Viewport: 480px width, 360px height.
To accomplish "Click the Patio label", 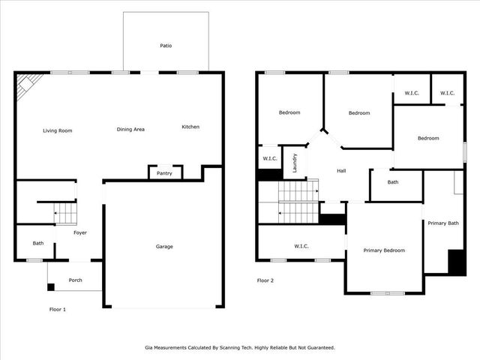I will [x=166, y=46].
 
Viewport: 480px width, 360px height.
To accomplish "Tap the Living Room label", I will [x=58, y=130].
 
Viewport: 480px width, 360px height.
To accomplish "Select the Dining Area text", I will [x=130, y=130].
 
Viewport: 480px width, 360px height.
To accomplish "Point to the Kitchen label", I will [x=190, y=127].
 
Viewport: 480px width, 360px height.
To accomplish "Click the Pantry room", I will [x=164, y=173].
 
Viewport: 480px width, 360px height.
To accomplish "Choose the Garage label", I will [x=164, y=247].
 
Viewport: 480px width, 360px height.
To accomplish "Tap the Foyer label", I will [x=80, y=232].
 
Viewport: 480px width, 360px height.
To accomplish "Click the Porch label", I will [x=76, y=280].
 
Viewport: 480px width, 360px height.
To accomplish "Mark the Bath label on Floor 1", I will [x=38, y=243].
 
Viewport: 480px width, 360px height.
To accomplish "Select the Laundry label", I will [x=295, y=163].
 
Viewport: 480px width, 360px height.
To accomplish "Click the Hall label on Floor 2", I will [x=341, y=171].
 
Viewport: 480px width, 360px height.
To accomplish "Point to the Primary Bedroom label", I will [x=384, y=250].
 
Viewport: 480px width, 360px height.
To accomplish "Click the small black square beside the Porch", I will [x=50, y=286].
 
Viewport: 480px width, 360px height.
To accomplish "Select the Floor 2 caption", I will [x=265, y=280].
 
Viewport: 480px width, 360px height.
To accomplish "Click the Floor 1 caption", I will [x=58, y=309].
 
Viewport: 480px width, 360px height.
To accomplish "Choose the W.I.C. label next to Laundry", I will [x=269, y=159].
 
